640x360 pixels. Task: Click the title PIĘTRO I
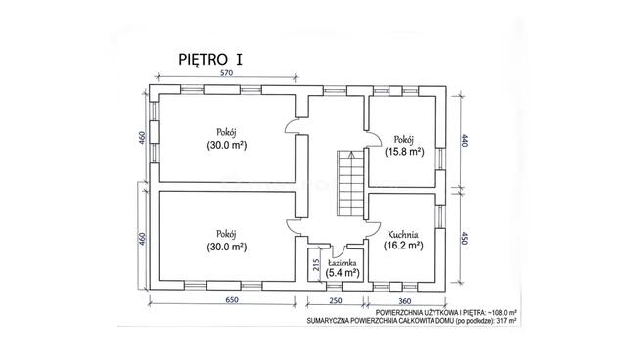(x=210, y=59)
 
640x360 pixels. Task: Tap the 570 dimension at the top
(x=226, y=73)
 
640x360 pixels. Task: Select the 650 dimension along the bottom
(x=231, y=300)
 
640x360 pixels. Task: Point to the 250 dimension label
(x=335, y=301)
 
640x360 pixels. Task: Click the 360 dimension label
(x=404, y=301)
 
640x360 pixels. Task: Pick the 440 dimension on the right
(x=465, y=140)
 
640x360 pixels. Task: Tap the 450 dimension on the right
(x=464, y=238)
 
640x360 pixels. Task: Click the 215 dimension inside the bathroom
(x=315, y=265)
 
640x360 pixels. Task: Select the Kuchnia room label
(x=403, y=235)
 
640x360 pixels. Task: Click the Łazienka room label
(x=343, y=263)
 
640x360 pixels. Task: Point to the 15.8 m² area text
(x=404, y=152)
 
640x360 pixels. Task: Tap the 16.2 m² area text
(x=403, y=246)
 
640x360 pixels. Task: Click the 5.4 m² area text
(x=343, y=273)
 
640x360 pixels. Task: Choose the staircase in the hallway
(x=350, y=183)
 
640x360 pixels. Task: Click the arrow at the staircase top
(x=350, y=154)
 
